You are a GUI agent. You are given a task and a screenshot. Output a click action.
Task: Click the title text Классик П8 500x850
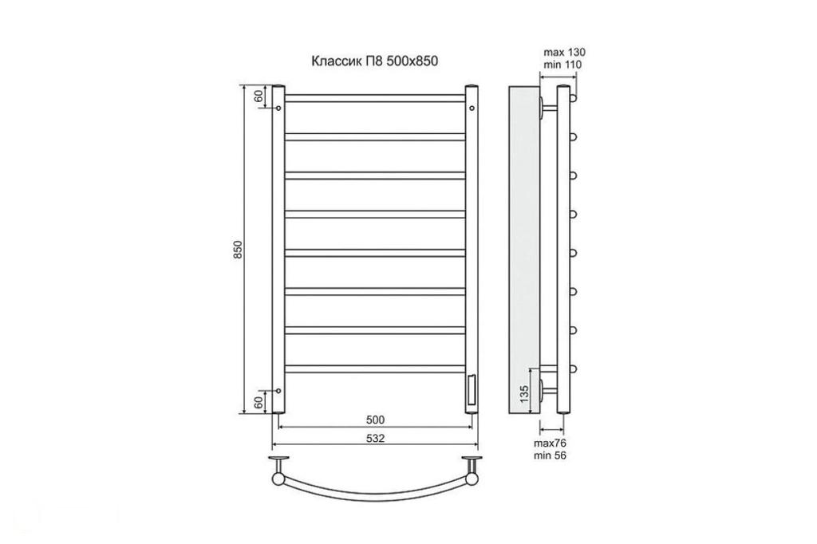[374, 61]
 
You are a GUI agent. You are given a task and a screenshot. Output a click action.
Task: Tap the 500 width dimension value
[375, 420]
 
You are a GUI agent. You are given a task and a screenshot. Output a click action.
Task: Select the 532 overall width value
[375, 438]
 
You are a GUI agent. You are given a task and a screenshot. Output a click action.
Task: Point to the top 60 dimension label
[258, 97]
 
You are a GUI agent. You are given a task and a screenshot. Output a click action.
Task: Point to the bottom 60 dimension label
[258, 402]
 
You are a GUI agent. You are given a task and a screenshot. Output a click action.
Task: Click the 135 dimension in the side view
[525, 392]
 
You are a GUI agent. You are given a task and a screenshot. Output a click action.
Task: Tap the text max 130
[564, 52]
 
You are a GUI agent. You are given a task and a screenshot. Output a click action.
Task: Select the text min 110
[562, 65]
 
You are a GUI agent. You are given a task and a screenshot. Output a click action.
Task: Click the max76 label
[550, 443]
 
